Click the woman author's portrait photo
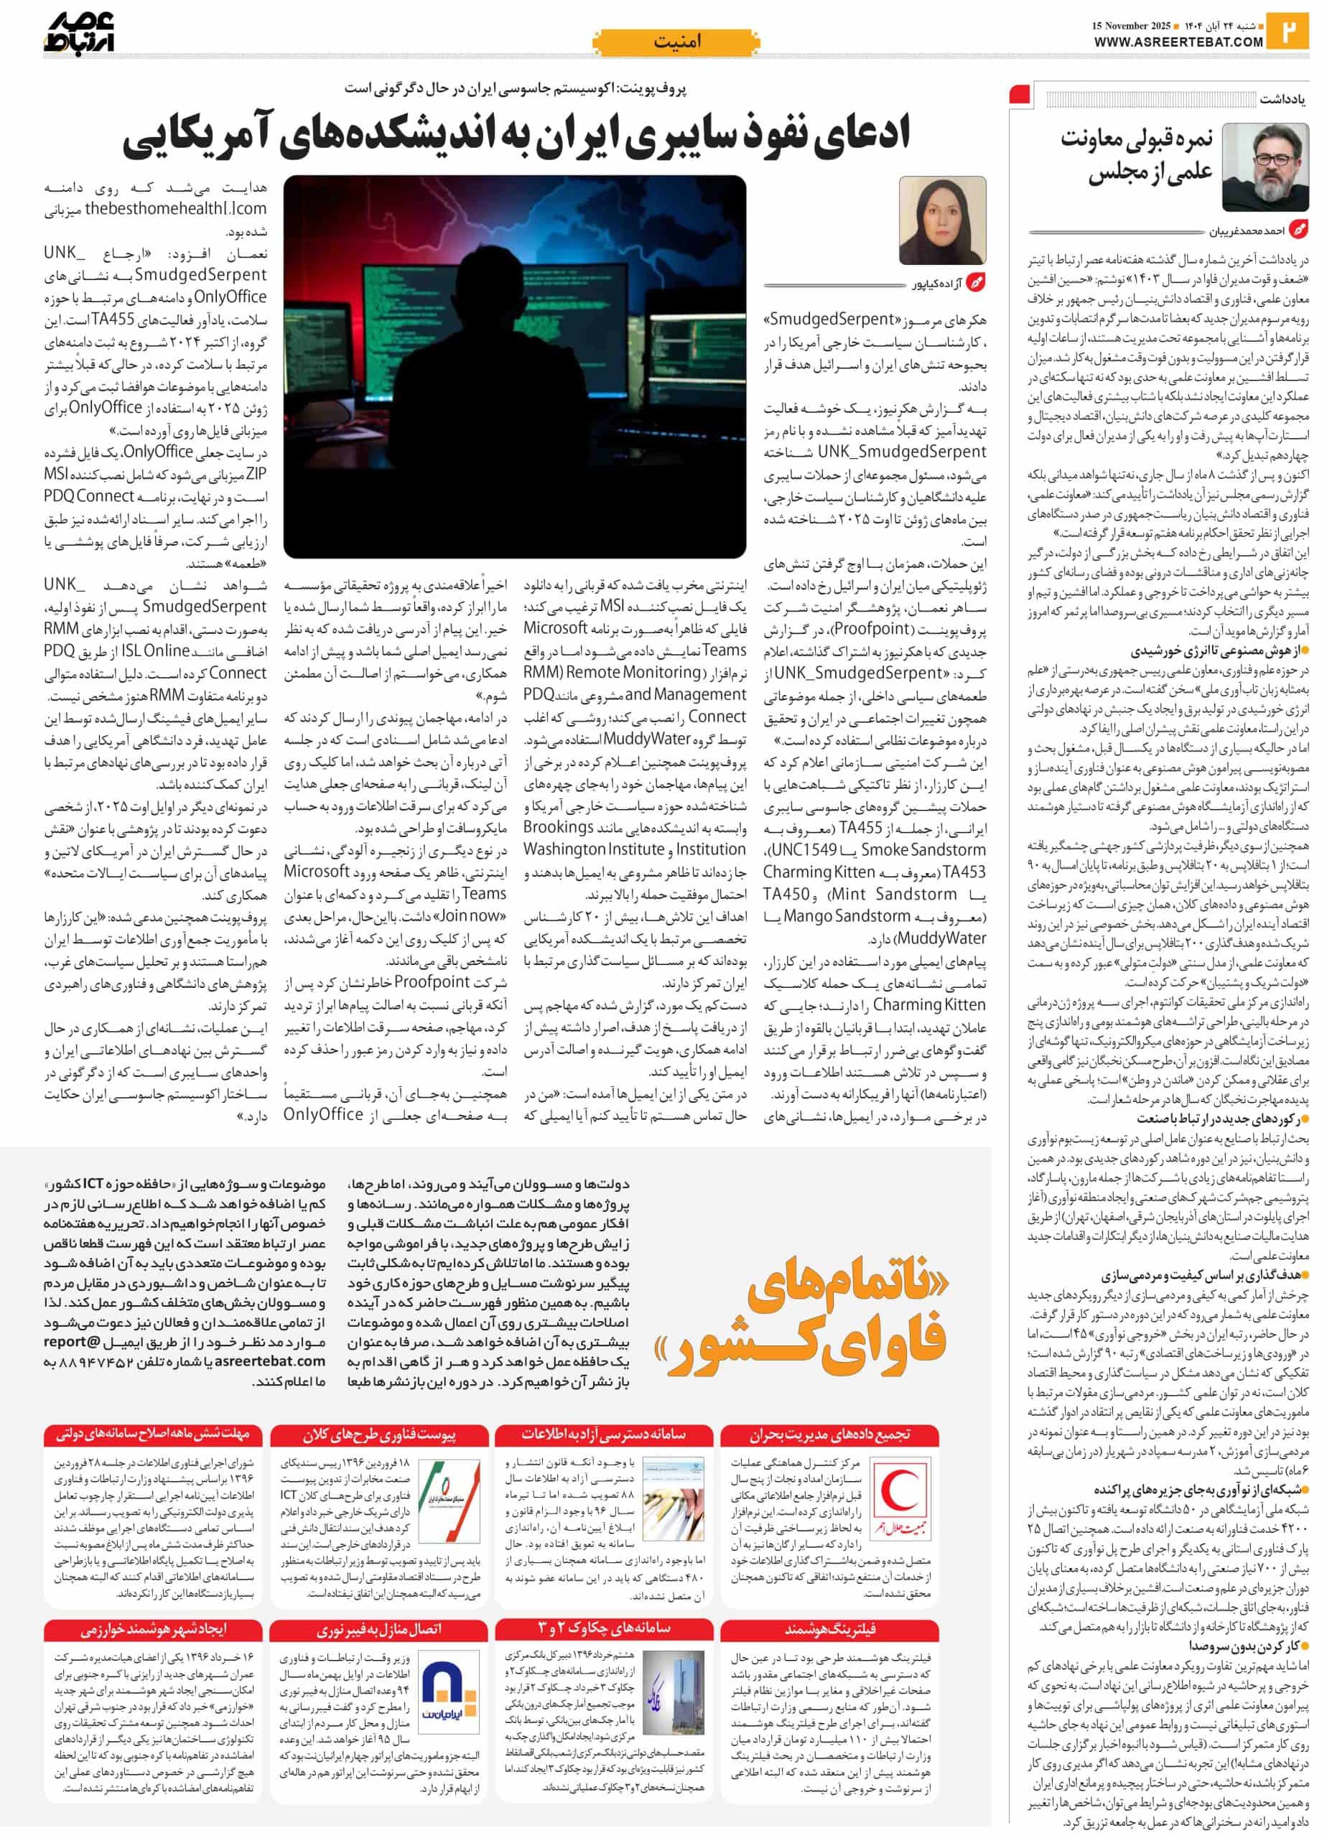click(942, 220)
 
